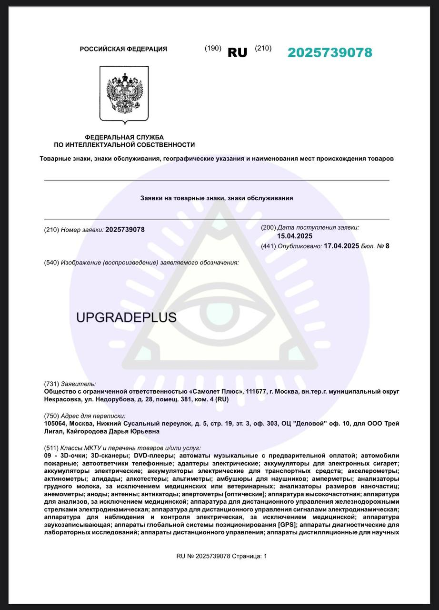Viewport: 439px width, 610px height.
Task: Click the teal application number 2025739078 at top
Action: [x=329, y=53]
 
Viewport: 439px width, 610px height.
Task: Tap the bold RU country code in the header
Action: [x=238, y=53]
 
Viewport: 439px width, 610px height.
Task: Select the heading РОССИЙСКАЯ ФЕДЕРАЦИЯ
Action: [x=123, y=49]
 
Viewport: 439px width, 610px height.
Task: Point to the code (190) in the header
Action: [x=213, y=48]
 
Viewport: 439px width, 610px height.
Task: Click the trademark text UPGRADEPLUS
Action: [x=126, y=318]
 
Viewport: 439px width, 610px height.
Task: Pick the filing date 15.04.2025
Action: [x=295, y=236]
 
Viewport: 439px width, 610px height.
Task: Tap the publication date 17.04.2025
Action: [x=341, y=246]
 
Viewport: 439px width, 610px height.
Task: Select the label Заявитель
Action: [x=78, y=384]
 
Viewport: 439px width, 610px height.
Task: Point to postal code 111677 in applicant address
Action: [x=257, y=391]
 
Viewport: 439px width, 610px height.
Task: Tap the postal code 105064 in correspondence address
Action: [x=56, y=424]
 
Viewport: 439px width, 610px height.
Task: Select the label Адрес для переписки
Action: [x=93, y=416]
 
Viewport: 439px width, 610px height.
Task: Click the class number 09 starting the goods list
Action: [x=48, y=456]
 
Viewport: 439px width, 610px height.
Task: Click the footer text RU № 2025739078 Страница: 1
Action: [x=221, y=556]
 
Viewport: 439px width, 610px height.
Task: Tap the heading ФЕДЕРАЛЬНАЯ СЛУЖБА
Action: [x=124, y=137]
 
